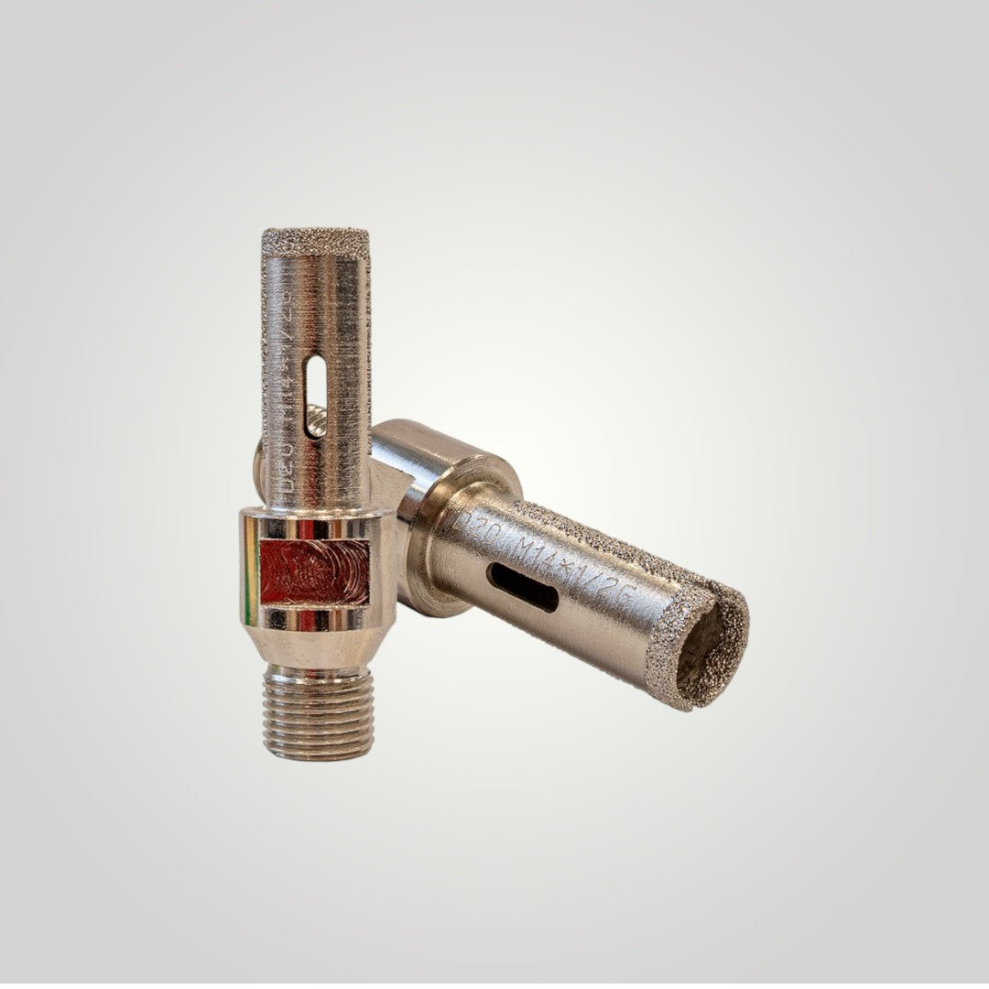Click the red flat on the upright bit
pyautogui.click(x=315, y=571)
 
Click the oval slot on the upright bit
pyautogui.click(x=315, y=385)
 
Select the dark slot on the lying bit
pyautogui.click(x=522, y=586)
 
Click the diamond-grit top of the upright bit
pyautogui.click(x=315, y=241)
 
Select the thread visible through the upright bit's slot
pyautogui.click(x=315, y=422)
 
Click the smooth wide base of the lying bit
pyautogui.click(x=417, y=458)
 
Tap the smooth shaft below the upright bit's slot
pyautogui.click(x=315, y=472)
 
